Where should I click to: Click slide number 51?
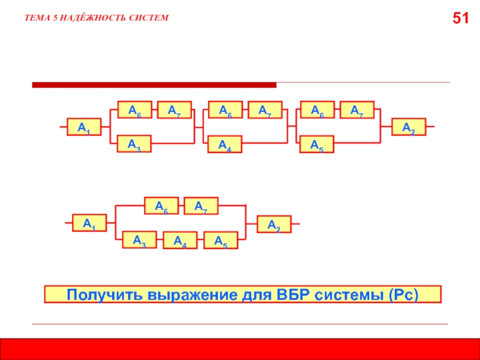coord(460,19)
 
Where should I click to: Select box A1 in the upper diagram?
coord(85,127)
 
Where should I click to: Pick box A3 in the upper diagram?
coord(134,143)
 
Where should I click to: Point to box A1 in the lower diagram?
coord(89,223)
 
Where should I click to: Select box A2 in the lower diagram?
coord(274,224)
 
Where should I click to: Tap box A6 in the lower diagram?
coord(161,206)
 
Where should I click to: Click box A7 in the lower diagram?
coord(201,206)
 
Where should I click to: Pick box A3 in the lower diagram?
coord(140,240)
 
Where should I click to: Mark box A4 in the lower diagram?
coord(180,241)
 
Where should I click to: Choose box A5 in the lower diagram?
coord(220,241)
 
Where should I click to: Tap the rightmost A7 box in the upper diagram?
coord(357,110)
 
